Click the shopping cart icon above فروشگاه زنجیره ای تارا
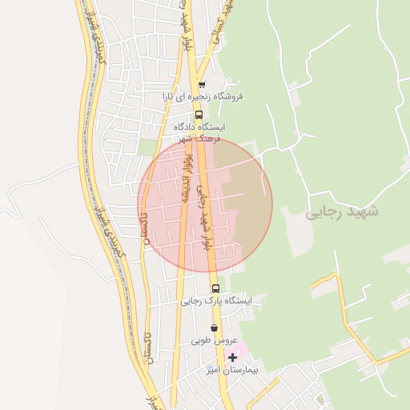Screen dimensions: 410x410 coord(201,85)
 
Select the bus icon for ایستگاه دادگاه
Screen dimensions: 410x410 coord(198,115)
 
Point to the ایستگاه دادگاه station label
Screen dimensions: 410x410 coord(199,127)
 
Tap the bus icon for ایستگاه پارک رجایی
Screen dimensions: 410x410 coord(215,288)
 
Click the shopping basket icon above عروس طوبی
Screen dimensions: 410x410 coord(213,328)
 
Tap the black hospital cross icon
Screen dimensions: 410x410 coord(232,357)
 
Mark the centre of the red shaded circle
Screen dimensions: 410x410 coord(206,205)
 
